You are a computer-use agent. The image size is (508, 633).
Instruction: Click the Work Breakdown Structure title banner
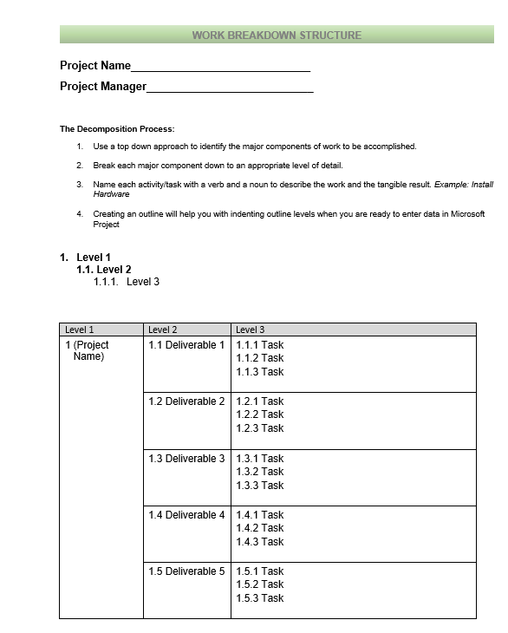277,36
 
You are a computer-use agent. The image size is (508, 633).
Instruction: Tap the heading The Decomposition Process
117,129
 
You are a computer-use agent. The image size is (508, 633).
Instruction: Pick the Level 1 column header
80,330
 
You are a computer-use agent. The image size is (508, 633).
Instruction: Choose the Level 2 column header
163,330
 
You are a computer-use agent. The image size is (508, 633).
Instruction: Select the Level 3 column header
251,330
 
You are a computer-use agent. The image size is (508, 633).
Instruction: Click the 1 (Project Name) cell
88,351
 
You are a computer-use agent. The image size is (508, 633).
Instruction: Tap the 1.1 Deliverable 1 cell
186,345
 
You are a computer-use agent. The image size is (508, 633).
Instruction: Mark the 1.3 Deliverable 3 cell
186,459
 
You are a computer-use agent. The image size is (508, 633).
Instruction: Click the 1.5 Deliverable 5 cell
186,571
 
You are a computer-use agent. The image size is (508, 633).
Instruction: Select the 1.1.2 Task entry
259,358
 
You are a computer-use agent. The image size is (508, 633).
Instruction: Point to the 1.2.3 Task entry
259,428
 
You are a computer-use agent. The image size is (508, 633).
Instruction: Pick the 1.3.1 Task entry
259,459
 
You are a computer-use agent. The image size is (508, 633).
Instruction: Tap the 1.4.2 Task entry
259,528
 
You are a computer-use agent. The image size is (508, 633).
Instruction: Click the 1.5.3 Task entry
259,598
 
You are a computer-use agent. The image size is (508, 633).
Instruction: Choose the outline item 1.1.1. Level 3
127,282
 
